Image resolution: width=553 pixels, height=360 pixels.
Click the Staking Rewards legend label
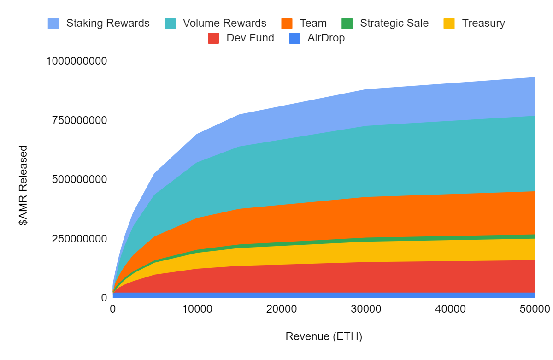108,23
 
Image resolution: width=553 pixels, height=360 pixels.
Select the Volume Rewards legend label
224,23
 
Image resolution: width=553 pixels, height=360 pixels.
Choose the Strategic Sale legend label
394,23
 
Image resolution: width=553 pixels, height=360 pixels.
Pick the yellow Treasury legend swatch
449,24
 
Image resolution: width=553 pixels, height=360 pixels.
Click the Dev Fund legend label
250,38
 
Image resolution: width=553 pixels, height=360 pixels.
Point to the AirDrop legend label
326,38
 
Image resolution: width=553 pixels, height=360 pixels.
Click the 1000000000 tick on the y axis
76,61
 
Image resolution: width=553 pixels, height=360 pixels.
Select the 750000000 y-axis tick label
80,120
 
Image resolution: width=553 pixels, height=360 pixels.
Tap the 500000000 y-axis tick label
80,179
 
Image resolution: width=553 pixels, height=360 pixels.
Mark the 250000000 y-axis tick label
80,239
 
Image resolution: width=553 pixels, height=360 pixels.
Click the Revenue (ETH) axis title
324,336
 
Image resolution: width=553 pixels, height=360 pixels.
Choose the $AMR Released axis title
23,185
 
